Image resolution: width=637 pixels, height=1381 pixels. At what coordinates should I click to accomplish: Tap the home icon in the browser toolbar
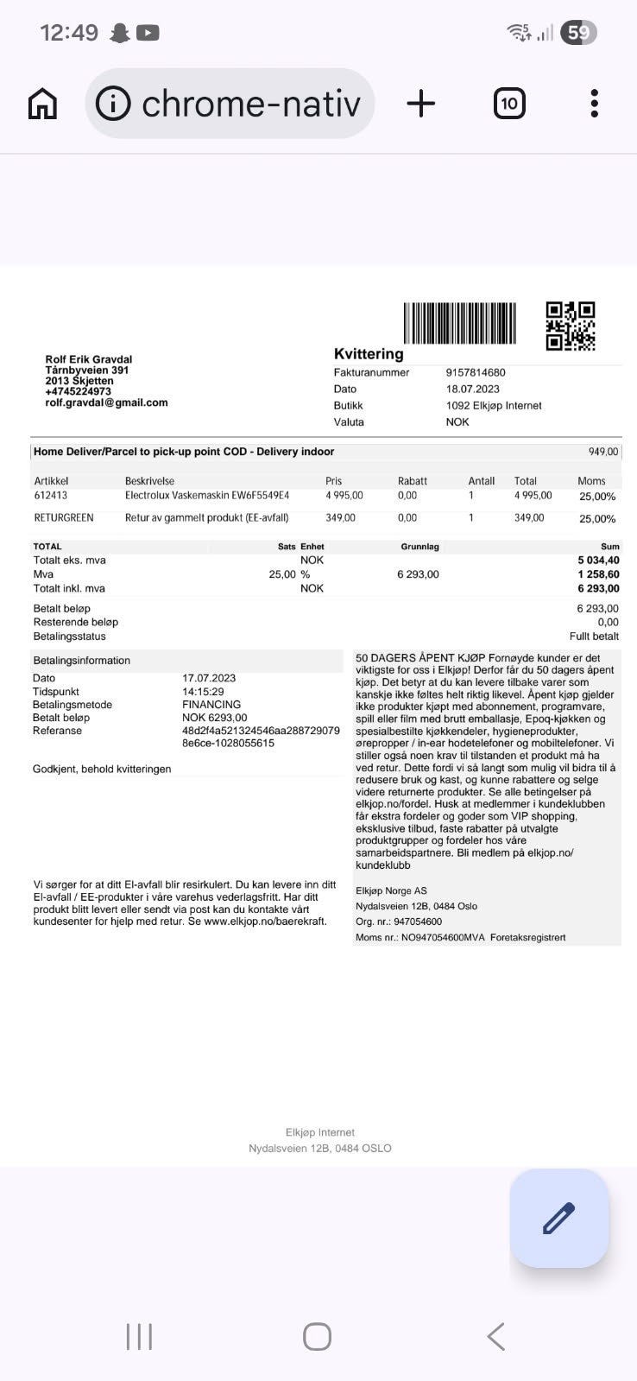coord(42,104)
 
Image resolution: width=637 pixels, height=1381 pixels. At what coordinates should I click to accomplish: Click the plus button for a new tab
coord(420,104)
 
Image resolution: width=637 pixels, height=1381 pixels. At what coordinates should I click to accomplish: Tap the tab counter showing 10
coord(509,104)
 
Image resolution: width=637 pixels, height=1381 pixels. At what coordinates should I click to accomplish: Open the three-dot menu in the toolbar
coord(594,104)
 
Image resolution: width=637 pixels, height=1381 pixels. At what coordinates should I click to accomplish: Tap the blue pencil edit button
coord(558,1218)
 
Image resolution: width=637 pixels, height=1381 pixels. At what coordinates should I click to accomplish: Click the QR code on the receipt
coord(571,326)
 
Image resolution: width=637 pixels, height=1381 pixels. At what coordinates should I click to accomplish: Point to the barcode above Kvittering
coord(459,323)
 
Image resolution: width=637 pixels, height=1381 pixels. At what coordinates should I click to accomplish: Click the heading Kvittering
coord(369,354)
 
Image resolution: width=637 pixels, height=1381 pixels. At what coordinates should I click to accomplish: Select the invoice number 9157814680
coord(476,372)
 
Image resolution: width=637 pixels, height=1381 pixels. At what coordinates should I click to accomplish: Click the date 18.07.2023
coord(473,389)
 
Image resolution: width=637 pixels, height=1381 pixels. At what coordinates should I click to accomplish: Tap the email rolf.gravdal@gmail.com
coord(106,402)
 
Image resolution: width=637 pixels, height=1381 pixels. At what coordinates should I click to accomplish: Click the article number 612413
coord(51,496)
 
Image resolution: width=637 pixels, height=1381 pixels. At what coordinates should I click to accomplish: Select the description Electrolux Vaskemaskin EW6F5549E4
coord(207,496)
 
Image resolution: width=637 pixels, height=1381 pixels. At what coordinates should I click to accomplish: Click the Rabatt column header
coord(413,481)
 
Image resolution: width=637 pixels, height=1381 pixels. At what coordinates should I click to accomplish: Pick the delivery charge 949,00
coord(603,452)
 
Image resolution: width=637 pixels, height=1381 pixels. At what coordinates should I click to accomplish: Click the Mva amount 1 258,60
coord(598,574)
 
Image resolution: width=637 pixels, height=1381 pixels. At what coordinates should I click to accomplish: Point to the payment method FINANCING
coord(211,705)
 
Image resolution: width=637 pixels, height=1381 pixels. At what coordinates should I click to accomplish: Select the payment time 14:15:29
coord(203,692)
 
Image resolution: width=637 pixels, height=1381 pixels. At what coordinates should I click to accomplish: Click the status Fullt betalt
coord(594,637)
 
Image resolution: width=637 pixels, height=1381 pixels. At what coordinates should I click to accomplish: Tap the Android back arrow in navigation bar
coord(495,1336)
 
